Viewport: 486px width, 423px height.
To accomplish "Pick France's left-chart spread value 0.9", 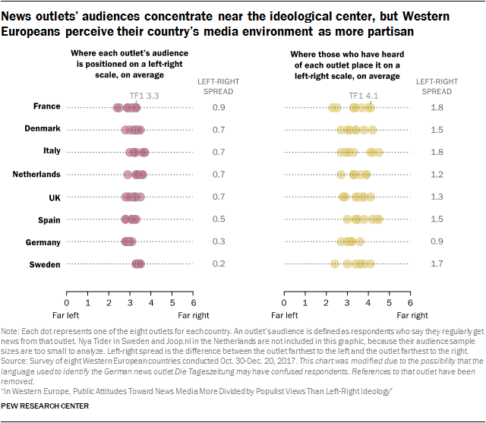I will (219, 108).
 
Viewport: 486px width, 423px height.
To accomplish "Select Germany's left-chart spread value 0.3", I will (219, 242).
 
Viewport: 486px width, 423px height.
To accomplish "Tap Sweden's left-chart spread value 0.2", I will (219, 265).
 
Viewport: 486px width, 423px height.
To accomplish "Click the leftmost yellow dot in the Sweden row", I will (335, 264).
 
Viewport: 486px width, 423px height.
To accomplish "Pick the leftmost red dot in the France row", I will (117, 108).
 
